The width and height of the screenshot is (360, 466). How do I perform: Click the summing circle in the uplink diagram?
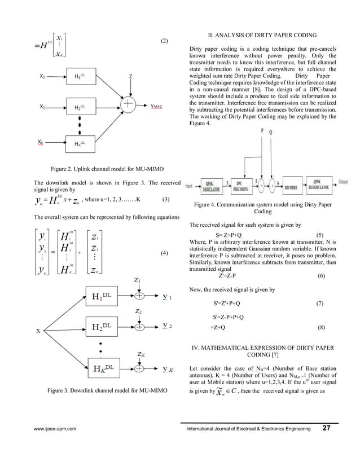point(129,105)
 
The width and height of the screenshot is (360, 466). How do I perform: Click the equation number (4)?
point(164,252)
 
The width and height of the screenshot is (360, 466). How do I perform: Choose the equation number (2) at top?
point(164,41)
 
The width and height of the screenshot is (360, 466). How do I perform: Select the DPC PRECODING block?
point(243,184)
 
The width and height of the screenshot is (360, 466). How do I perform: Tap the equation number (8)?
point(321,327)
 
